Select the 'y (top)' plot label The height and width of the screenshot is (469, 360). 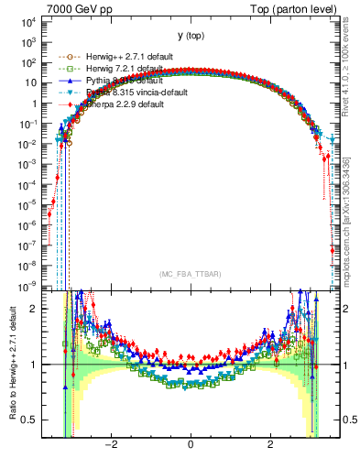coord(190,36)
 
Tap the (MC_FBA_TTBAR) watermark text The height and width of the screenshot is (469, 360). coord(190,274)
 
